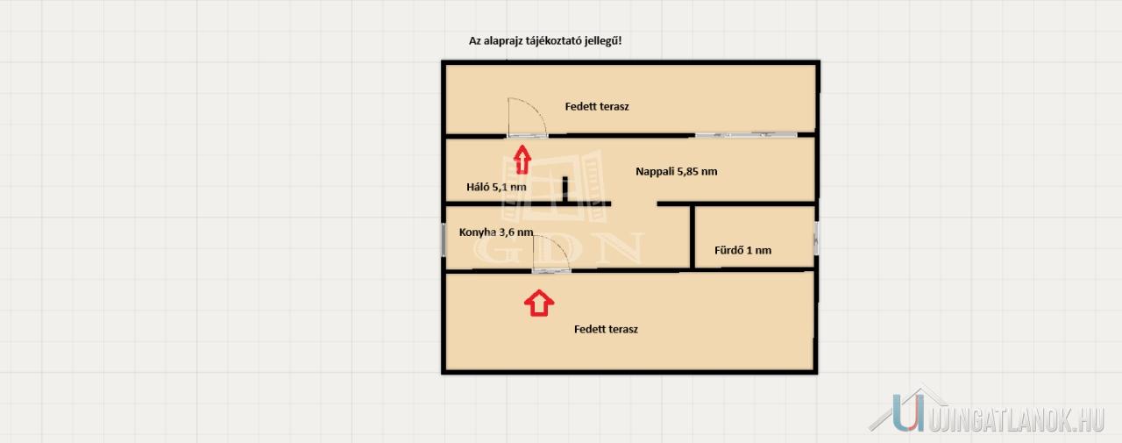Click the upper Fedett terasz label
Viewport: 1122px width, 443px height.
click(x=597, y=106)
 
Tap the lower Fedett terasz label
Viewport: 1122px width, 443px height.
click(x=606, y=329)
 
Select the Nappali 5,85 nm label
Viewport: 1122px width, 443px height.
click(x=676, y=171)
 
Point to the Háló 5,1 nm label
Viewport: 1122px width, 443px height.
click(x=496, y=187)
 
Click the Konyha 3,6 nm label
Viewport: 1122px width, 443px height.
click(x=496, y=232)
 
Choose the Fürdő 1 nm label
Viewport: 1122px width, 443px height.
click(x=742, y=250)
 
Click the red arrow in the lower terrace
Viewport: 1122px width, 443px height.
click(x=539, y=303)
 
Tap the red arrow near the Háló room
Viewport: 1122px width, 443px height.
click(x=522, y=160)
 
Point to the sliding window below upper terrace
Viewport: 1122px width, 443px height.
click(x=746, y=135)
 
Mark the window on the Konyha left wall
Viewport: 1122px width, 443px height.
click(x=444, y=239)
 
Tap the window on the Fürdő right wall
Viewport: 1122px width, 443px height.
click(x=815, y=238)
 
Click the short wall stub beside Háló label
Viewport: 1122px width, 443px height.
click(x=565, y=189)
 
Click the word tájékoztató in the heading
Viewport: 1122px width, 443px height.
click(x=555, y=41)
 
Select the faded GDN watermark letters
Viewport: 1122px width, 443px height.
click(x=558, y=248)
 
